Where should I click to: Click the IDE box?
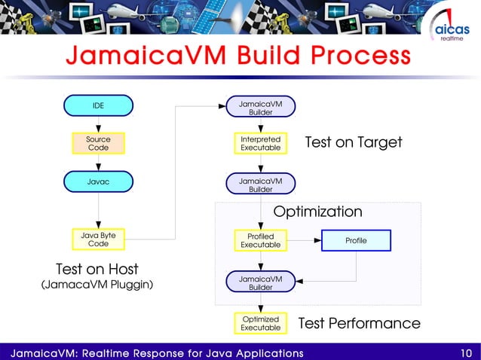[x=98, y=105]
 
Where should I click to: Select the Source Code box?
[x=98, y=143]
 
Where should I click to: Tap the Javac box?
[x=98, y=181]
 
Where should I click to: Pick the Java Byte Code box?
[x=98, y=239]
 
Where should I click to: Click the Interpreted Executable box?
[x=260, y=143]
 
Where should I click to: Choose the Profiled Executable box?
[x=260, y=240]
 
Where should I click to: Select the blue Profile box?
[x=356, y=240]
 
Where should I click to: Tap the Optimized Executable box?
[x=260, y=323]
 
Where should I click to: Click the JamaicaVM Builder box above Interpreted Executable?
[x=260, y=107]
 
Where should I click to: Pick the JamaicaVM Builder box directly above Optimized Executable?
[x=260, y=283]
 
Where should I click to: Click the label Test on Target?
[x=353, y=142]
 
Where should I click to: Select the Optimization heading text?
[x=317, y=212]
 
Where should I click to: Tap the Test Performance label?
[x=359, y=323]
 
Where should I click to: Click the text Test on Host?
[x=97, y=269]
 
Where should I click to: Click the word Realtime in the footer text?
[x=118, y=352]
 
